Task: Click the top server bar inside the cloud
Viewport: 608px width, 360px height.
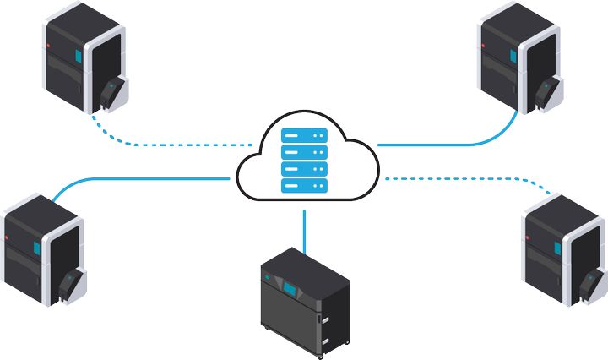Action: (x=304, y=134)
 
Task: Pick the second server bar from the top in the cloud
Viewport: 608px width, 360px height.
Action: (x=304, y=151)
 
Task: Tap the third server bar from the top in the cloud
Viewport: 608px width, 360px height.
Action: (x=304, y=168)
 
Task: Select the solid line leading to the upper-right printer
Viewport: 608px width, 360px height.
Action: (x=456, y=144)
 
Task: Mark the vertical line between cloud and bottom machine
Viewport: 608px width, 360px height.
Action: (x=304, y=226)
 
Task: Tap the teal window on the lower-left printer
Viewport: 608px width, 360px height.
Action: (x=35, y=248)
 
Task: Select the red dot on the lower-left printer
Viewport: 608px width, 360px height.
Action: (x=8, y=239)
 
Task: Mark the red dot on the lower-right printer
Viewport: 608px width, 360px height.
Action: (x=529, y=239)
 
